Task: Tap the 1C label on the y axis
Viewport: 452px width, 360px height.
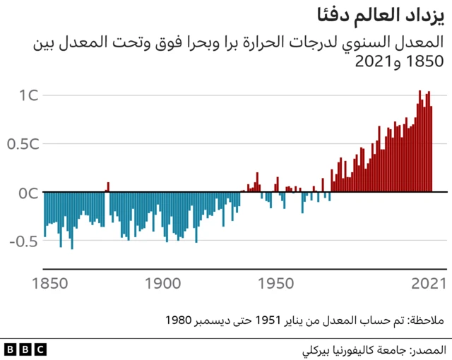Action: pyautogui.click(x=29, y=95)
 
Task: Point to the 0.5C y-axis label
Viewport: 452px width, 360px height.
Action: pyautogui.click(x=23, y=144)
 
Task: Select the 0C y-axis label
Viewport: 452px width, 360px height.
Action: pyautogui.click(x=29, y=192)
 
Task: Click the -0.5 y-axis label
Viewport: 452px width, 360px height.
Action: pyautogui.click(x=24, y=241)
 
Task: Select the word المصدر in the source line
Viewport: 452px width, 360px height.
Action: pyautogui.click(x=427, y=349)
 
